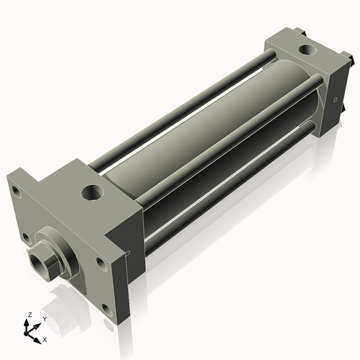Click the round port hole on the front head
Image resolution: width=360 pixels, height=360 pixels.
93,192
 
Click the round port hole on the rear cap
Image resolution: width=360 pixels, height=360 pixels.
307,50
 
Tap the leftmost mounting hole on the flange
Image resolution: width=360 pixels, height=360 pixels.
17,192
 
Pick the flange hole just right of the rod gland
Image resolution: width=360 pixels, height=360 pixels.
102,264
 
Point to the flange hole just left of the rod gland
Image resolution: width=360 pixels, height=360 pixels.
26,238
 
